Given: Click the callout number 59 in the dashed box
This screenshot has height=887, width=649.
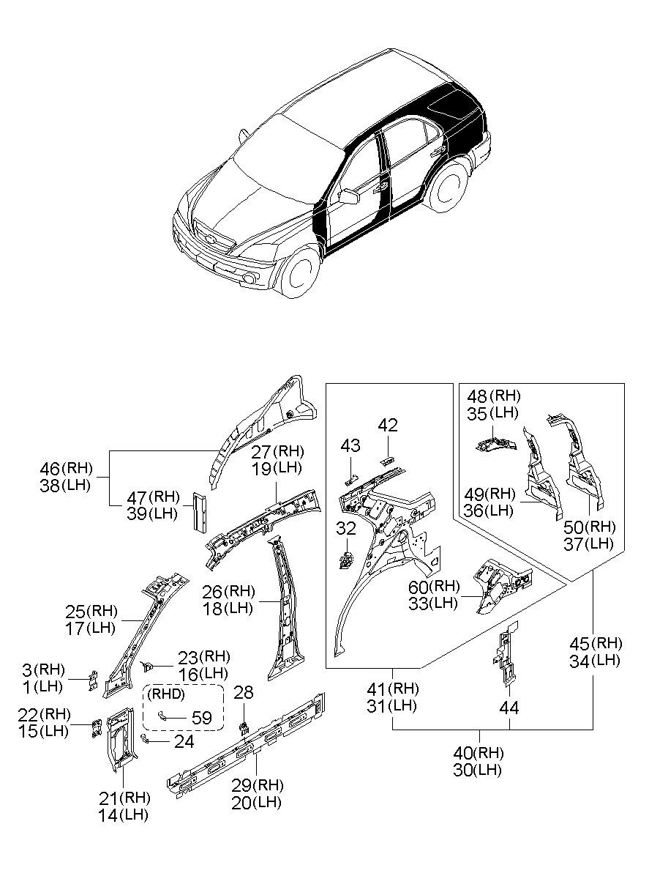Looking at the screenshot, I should point(200,717).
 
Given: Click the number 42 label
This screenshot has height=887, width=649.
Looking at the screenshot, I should point(388,425).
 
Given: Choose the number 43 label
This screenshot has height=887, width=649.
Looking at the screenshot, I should point(350,445).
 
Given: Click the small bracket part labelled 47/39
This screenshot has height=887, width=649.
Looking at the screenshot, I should point(199,511).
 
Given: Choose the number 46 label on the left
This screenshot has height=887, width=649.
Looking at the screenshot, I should point(50,468).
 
